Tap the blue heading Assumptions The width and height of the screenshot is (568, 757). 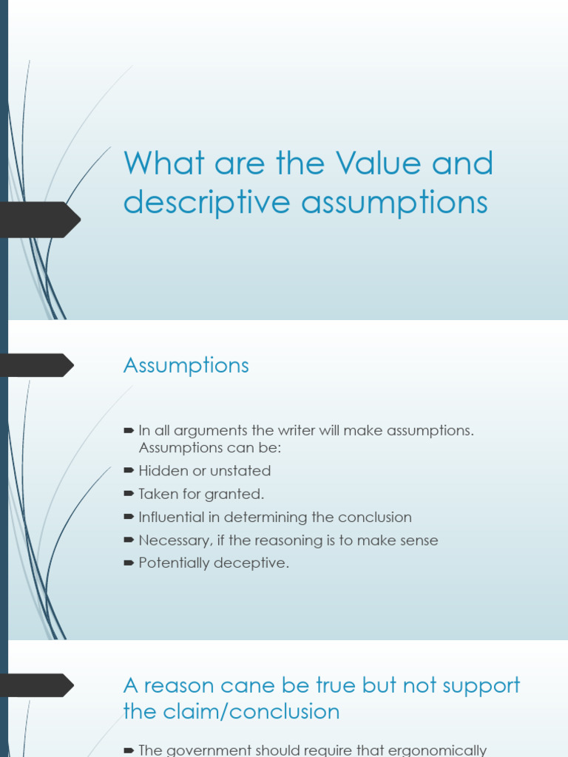click(x=186, y=365)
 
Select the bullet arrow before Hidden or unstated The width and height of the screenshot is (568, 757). click(x=129, y=470)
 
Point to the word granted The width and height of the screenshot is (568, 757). click(x=239, y=494)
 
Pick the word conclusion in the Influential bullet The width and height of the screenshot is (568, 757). click(x=375, y=517)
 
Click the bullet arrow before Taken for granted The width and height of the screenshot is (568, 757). click(x=129, y=494)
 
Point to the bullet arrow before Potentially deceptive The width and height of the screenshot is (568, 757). click(x=129, y=563)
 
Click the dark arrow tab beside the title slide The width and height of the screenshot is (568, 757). click(x=41, y=220)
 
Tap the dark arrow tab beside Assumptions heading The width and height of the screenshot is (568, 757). click(x=37, y=365)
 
